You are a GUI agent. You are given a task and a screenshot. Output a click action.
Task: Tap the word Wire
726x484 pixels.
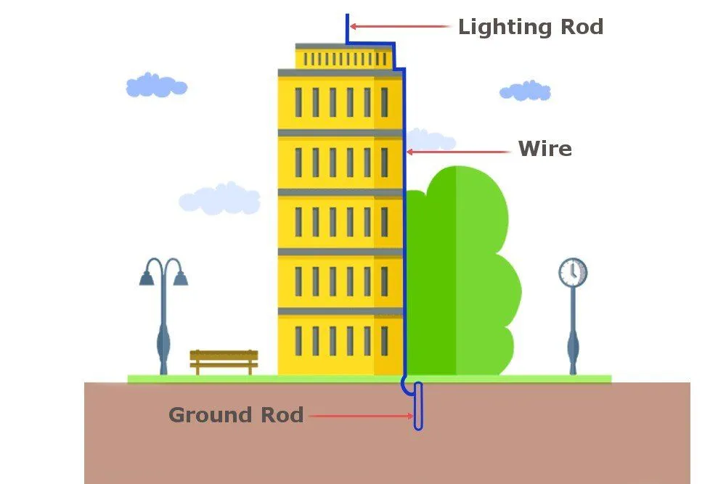(544, 149)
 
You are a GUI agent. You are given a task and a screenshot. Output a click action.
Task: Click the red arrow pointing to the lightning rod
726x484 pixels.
(399, 27)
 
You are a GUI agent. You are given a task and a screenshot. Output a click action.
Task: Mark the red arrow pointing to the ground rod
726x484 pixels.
(360, 417)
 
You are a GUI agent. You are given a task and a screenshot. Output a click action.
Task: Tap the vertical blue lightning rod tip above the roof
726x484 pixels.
(347, 28)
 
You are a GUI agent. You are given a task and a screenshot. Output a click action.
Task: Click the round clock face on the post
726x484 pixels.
(573, 272)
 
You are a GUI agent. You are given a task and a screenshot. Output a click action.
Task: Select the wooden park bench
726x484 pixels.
(224, 360)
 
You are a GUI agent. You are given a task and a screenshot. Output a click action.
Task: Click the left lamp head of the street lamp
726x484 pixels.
(147, 277)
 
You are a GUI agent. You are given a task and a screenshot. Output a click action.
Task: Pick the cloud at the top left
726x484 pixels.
(156, 86)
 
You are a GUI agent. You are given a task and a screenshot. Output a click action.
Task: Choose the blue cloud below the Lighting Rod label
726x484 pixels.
(524, 91)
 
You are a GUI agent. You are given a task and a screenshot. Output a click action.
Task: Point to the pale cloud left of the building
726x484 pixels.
(220, 198)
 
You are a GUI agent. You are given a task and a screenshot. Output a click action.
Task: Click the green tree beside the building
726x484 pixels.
(465, 276)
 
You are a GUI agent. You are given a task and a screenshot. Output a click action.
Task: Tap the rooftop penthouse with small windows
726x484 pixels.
(343, 57)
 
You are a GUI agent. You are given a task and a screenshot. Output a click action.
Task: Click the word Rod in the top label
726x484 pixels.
(577, 28)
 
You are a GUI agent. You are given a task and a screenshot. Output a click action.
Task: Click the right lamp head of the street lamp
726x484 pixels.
(180, 277)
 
